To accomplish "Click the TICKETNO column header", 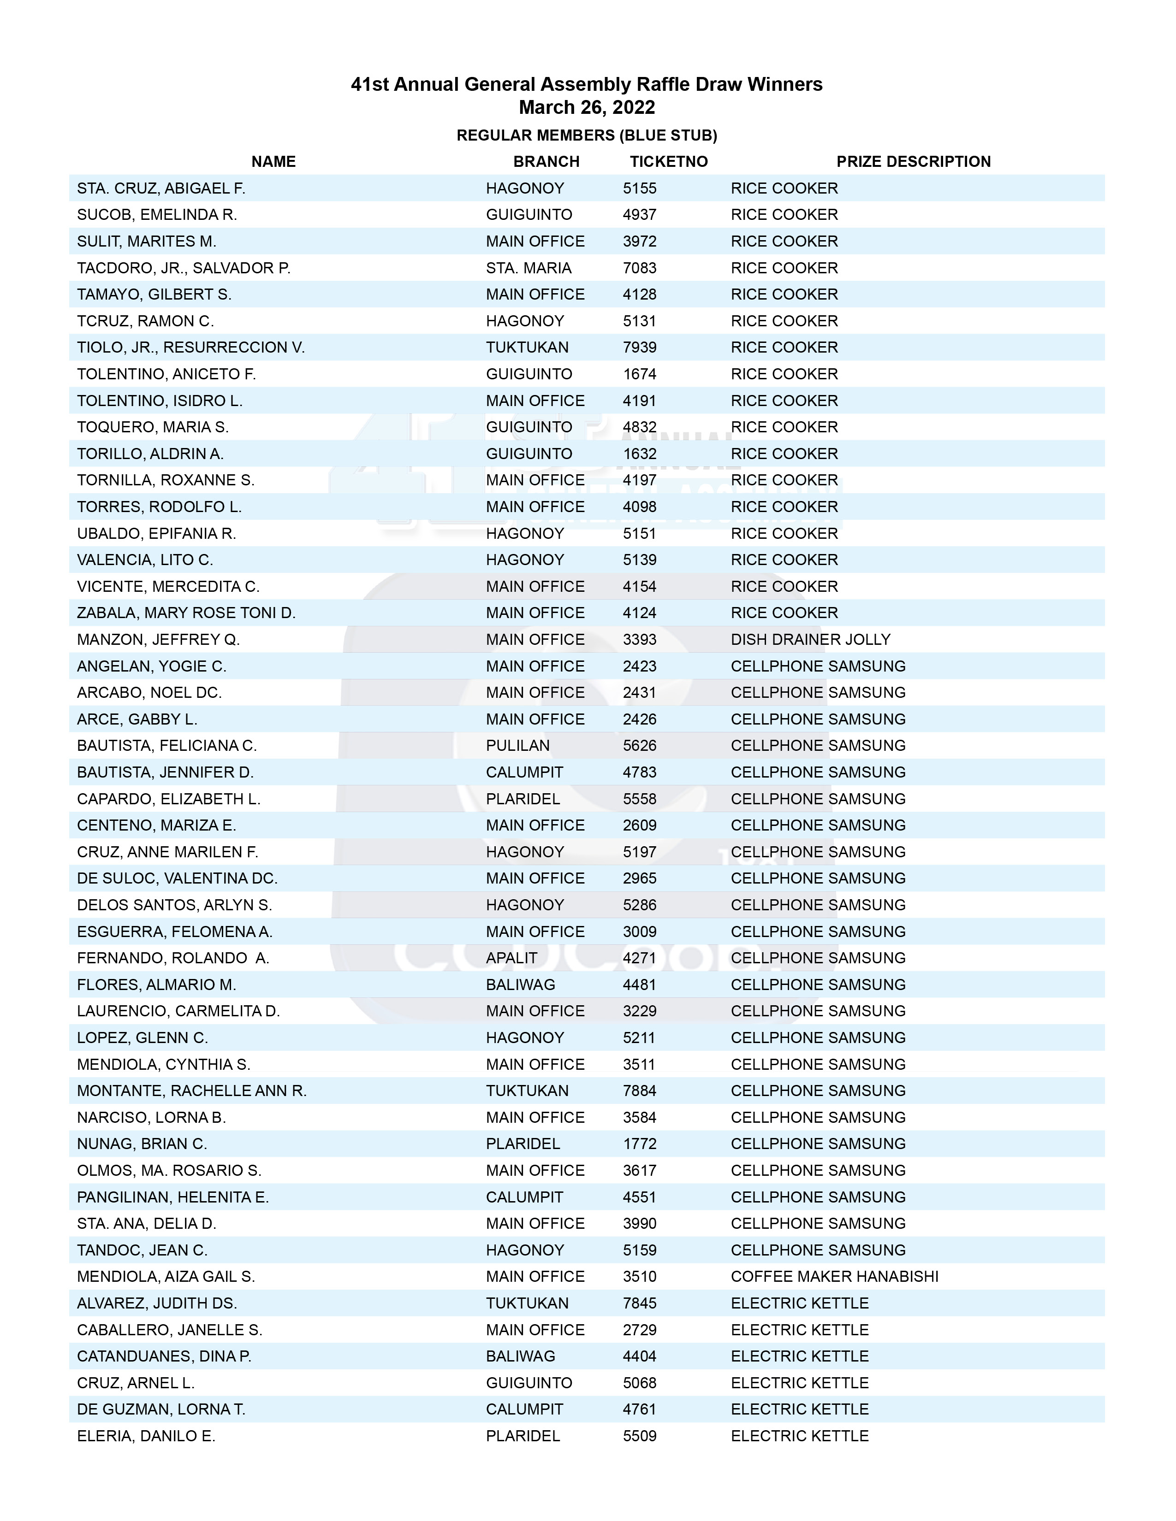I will [668, 162].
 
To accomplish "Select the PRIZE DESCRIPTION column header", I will [913, 162].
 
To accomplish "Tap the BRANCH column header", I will [546, 162].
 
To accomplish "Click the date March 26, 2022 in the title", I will [587, 107].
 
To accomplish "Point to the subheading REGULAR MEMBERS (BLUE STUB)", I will [587, 135].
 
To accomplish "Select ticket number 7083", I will [640, 268].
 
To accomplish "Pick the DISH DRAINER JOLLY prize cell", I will [810, 639].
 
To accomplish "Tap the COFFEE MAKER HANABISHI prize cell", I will [834, 1277].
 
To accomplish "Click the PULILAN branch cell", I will [517, 746].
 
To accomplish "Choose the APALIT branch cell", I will [511, 958].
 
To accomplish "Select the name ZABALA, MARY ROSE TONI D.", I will [186, 613].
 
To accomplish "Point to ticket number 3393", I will [640, 639].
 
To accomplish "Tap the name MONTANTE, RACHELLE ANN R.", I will [191, 1091].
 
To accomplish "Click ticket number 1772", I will [640, 1144].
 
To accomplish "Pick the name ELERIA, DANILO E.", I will [146, 1436].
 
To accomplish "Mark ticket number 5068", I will [640, 1383].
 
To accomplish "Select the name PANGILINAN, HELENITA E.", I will [173, 1197].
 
